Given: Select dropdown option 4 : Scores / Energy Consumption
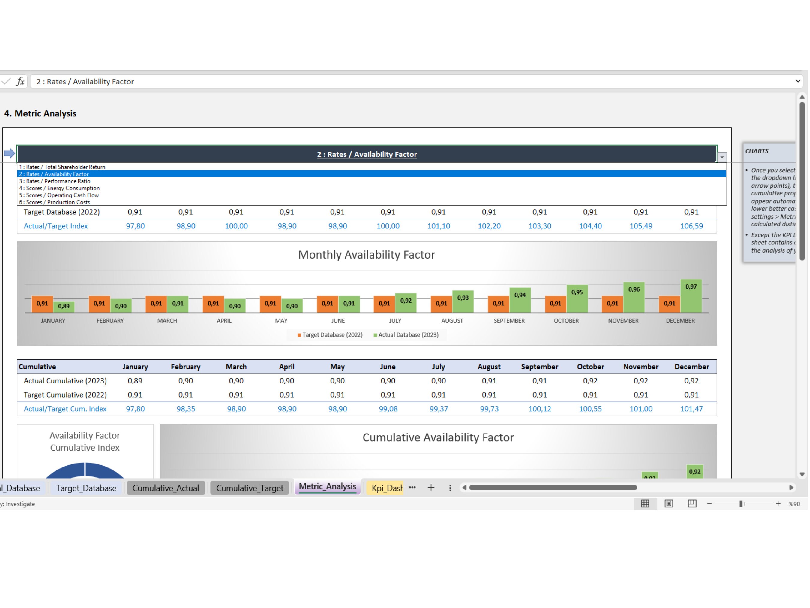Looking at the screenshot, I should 59,188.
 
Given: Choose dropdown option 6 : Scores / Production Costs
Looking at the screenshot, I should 55,202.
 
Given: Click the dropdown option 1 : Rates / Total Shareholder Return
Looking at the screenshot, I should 62,167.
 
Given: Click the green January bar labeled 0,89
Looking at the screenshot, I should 64,307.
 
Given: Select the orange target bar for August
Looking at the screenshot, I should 441,304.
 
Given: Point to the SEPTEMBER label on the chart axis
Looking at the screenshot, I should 509,321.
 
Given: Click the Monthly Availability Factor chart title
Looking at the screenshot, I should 367,255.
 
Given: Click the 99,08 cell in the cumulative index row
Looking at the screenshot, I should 388,409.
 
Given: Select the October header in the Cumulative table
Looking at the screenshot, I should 590,367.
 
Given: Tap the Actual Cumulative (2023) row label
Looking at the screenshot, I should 65,381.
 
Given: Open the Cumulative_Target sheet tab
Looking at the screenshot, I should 249,488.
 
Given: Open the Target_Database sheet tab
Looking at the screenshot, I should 86,488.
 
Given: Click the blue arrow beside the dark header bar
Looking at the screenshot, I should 10,153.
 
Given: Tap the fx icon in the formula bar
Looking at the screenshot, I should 20,81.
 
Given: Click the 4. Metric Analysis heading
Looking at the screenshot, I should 40,113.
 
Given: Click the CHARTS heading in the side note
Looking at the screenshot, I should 757,151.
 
